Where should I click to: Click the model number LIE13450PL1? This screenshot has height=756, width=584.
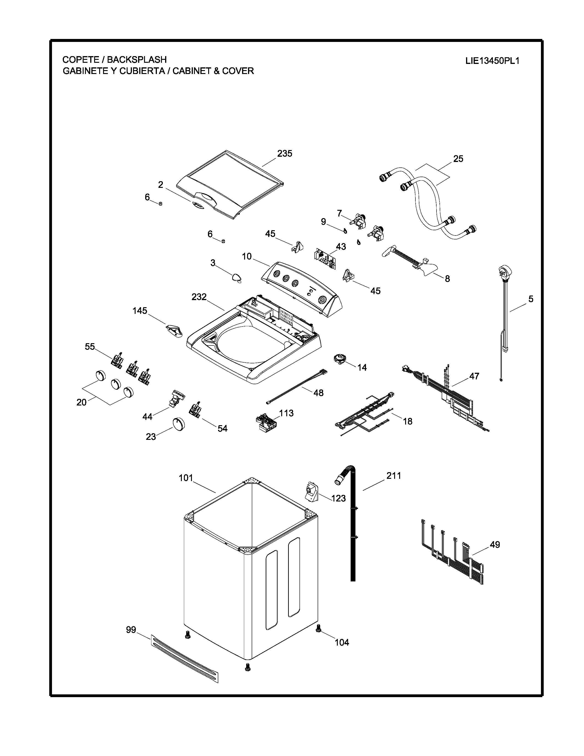coord(492,61)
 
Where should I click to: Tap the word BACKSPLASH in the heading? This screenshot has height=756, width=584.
coord(137,60)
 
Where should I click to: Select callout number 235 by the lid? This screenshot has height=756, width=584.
coord(284,153)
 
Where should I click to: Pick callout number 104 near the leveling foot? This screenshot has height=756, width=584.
coord(342,642)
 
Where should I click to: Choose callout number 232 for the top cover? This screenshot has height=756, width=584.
coord(199,297)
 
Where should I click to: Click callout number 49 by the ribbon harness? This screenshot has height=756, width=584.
coord(495,545)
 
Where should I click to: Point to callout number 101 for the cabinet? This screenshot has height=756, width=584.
coord(186,478)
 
